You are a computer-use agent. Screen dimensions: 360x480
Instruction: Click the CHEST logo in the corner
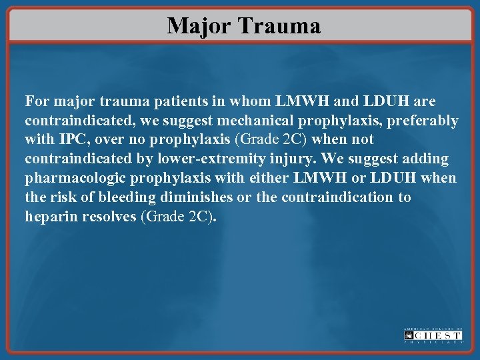pos(433,335)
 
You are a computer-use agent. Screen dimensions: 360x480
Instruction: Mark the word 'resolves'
pos(109,217)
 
